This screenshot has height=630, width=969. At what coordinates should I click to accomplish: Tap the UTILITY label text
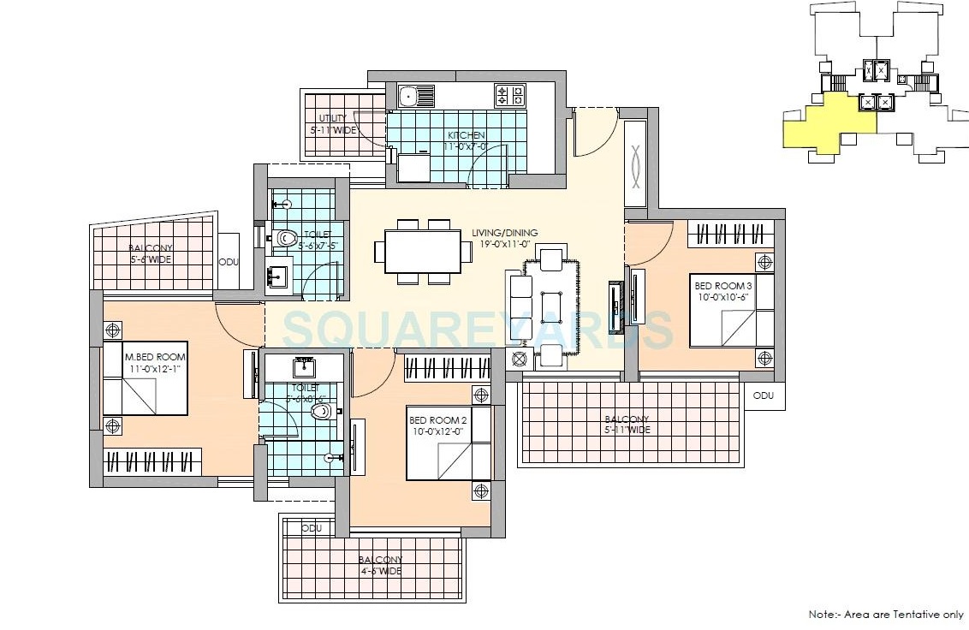tap(332, 118)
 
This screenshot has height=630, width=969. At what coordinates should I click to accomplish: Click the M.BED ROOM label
tap(155, 357)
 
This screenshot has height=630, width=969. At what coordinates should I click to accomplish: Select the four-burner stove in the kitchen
tap(509, 94)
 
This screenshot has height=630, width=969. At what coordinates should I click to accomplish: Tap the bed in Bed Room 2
tap(449, 443)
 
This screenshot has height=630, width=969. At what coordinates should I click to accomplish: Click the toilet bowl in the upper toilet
tap(286, 237)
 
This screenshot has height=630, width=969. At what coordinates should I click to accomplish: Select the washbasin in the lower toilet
tap(304, 369)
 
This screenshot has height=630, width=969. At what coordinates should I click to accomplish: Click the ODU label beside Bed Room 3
tap(764, 395)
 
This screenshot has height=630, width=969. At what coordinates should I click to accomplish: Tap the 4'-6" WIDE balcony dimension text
tap(380, 571)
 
